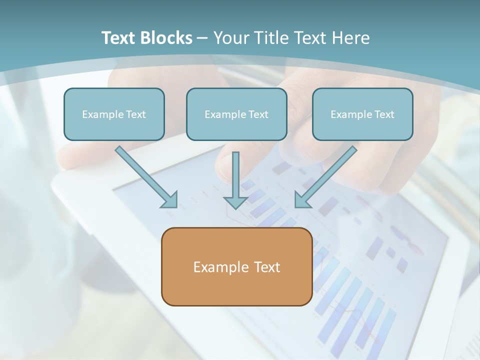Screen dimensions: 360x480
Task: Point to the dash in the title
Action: pos(202,38)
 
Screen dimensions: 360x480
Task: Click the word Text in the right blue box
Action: pos(384,114)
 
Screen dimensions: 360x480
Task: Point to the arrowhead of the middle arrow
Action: pos(235,202)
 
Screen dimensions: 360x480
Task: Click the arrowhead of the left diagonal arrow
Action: pos(170,200)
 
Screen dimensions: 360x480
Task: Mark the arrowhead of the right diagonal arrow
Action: pos(301,200)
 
